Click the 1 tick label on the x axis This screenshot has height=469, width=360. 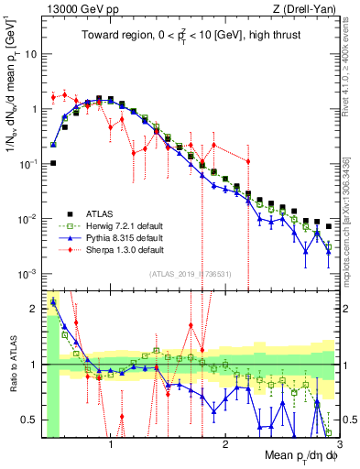(x=111, y=446)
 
